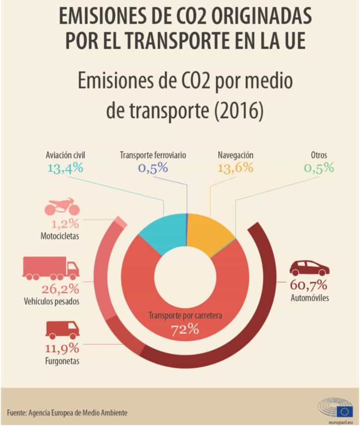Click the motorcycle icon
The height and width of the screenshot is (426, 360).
point(62,207)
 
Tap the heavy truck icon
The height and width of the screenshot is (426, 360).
point(51,269)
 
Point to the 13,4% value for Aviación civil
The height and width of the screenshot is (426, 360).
point(65,167)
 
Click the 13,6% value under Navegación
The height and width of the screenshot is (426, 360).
point(236,167)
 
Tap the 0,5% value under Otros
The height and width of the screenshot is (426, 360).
point(319,167)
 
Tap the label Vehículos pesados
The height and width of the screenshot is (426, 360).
point(51,301)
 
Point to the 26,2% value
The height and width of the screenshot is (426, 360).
point(60,288)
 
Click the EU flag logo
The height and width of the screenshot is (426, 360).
point(345,411)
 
